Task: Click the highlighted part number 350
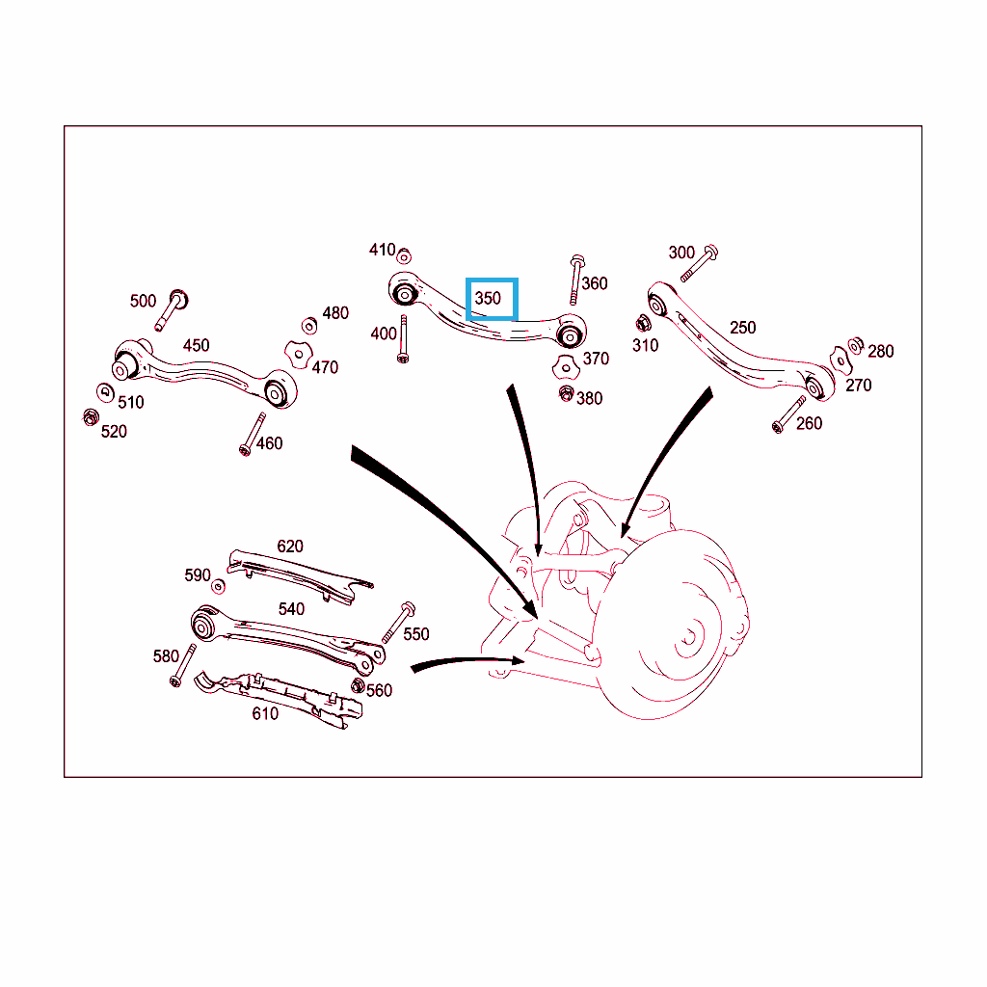pyautogui.click(x=488, y=299)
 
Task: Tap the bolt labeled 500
pyautogui.click(x=172, y=309)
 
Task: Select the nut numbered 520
pyautogui.click(x=91, y=416)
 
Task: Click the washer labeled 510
pyautogui.click(x=105, y=393)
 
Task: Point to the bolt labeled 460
pyautogui.click(x=253, y=435)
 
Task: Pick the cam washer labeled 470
pyautogui.click(x=299, y=355)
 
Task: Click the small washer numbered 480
pyautogui.click(x=309, y=326)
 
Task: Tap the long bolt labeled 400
pyautogui.click(x=403, y=339)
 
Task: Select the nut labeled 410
pyautogui.click(x=404, y=256)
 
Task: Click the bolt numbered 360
pyautogui.click(x=576, y=280)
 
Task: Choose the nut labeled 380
pyautogui.click(x=567, y=394)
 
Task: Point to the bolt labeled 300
pyautogui.click(x=700, y=263)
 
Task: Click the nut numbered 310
pyautogui.click(x=643, y=324)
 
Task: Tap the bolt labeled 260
pyautogui.click(x=789, y=414)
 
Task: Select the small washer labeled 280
pyautogui.click(x=856, y=346)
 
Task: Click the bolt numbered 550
pyautogui.click(x=399, y=623)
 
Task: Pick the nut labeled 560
pyautogui.click(x=358, y=685)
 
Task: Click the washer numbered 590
pyautogui.click(x=219, y=586)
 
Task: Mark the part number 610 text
pyautogui.click(x=265, y=714)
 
